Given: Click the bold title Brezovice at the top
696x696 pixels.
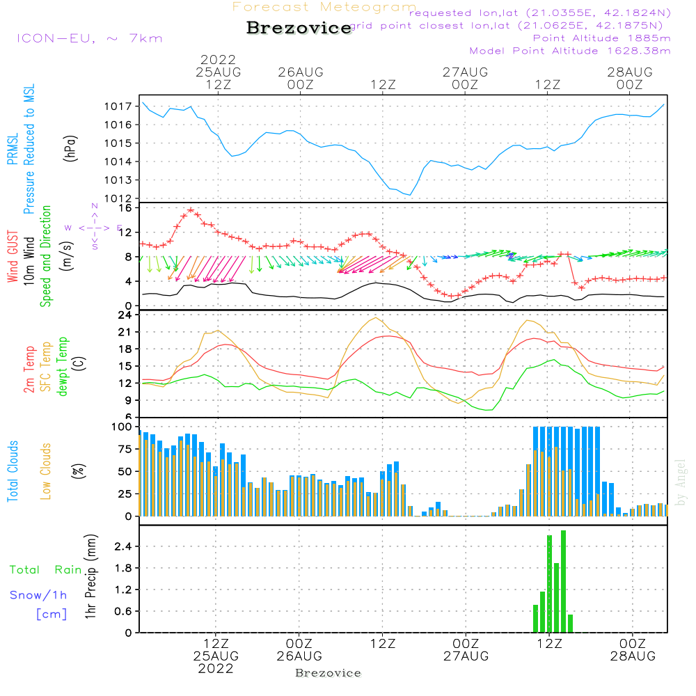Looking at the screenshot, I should tap(299, 29).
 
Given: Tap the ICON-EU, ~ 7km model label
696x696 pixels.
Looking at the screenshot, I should tap(89, 38).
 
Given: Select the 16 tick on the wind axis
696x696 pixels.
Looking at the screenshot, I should tap(126, 208).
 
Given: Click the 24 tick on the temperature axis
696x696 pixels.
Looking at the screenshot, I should tap(126, 315).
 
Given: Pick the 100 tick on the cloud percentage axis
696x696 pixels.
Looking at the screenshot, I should tap(122, 427).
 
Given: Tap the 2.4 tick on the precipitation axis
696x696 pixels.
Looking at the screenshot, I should tap(122, 546).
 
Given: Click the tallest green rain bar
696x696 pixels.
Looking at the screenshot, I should tap(563, 581).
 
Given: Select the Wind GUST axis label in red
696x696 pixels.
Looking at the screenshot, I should tap(13, 258).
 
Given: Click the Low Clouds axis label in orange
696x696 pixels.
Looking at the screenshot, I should tap(47, 471).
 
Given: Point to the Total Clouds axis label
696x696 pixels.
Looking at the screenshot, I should tap(13, 471).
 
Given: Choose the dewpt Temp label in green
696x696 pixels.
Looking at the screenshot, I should tap(63, 367).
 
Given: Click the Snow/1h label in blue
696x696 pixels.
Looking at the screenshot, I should tap(39, 595).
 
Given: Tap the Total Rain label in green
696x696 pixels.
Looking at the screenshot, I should tap(46, 570).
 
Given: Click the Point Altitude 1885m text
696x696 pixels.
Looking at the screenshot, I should tap(602, 38).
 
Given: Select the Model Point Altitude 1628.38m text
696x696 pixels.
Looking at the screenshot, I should tap(570, 51).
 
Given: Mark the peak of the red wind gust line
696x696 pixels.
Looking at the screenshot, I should tap(190, 210).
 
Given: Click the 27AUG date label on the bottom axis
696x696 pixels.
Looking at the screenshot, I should tap(466, 656).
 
